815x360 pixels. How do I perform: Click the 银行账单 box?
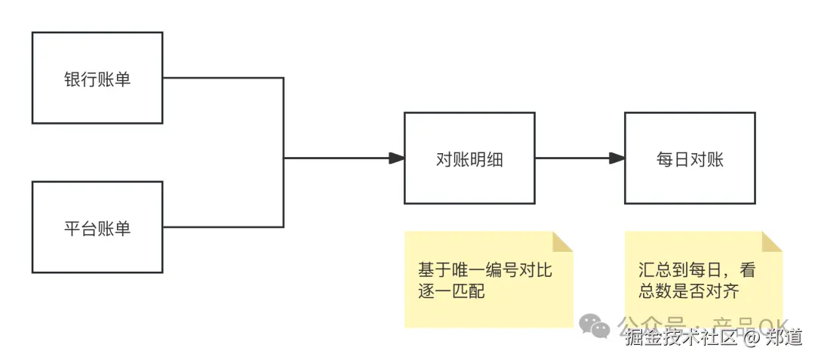tap(97, 78)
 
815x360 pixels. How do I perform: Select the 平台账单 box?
tap(97, 227)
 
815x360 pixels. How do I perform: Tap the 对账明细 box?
tap(469, 158)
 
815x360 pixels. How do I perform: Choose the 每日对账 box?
tap(690, 158)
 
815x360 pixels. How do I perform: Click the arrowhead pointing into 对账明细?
tap(396, 158)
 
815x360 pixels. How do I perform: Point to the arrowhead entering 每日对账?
tap(617, 158)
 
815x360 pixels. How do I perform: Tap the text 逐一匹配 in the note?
tap(451, 291)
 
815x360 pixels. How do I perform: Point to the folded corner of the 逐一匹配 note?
tap(563, 242)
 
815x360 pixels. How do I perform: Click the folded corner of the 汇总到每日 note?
tap(771, 242)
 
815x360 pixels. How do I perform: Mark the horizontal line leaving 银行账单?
tap(223, 78)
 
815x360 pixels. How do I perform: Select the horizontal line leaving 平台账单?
tap(223, 227)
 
